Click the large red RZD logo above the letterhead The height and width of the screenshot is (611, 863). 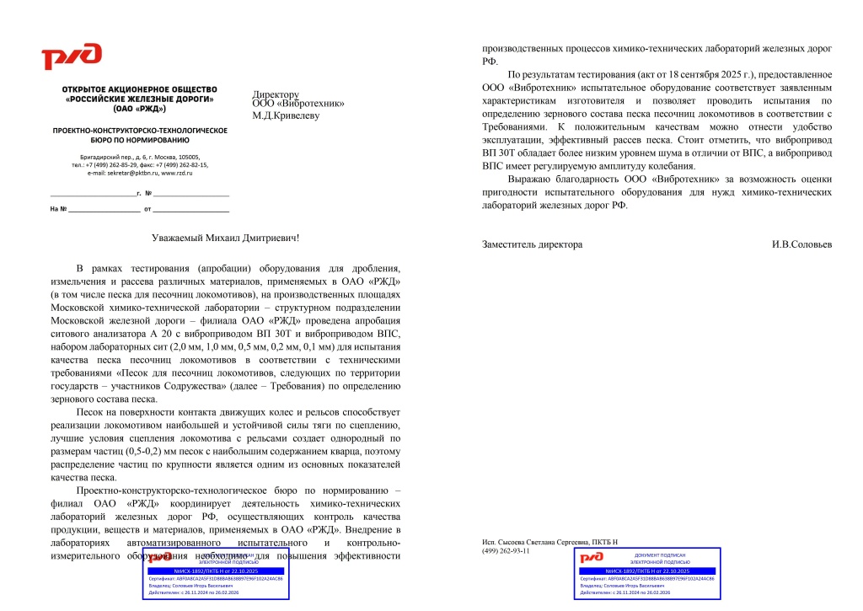[x=72, y=57]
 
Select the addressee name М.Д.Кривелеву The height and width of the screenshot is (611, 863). [x=287, y=115]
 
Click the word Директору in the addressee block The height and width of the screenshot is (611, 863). [x=276, y=94]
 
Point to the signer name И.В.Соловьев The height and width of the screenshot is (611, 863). [x=801, y=244]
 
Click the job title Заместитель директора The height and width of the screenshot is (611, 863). [x=532, y=244]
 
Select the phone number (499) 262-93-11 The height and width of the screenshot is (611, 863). [x=506, y=550]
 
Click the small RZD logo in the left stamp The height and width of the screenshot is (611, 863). [x=159, y=558]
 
